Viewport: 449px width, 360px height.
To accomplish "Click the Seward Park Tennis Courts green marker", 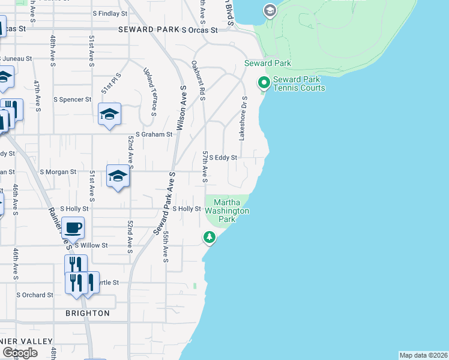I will point(263,83).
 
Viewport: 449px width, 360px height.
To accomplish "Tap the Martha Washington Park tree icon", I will point(209,238).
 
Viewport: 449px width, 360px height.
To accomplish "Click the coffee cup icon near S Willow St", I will point(73,228).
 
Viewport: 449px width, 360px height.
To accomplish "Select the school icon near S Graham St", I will point(110,114).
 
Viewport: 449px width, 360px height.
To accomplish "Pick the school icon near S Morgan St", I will point(118,176).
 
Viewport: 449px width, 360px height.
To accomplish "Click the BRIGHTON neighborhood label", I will point(88,313).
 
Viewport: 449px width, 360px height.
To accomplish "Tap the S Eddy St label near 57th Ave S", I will point(223,158).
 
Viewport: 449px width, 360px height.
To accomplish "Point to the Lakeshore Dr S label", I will point(243,118).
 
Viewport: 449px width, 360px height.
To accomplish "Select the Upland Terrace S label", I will point(149,92).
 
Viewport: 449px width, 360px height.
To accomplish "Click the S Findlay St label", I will point(110,13).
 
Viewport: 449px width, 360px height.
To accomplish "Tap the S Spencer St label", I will point(72,99).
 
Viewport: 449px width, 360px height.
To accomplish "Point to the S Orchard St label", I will point(35,295).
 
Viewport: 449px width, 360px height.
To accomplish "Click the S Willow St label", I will point(91,245).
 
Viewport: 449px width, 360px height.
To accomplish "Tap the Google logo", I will point(20,353).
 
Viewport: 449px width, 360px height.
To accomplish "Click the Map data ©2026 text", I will point(423,355).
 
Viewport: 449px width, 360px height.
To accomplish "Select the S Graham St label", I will point(154,134).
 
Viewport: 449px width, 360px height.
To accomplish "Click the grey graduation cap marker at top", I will point(270,10).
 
